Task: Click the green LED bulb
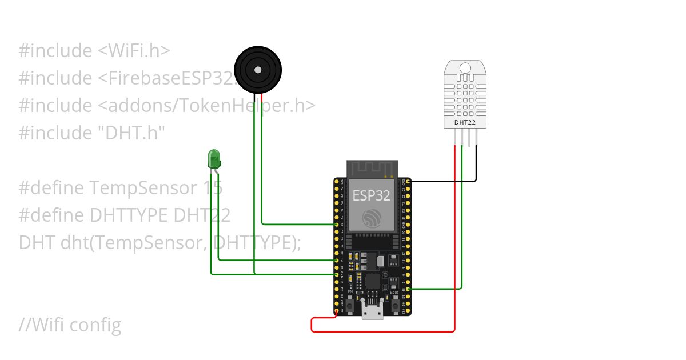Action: click(x=214, y=157)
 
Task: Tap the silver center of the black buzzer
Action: click(x=258, y=70)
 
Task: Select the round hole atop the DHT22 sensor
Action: click(x=465, y=69)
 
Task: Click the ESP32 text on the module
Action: click(x=371, y=195)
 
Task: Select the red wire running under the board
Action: click(x=383, y=331)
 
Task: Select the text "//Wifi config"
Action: click(x=70, y=325)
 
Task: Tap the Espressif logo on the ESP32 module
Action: click(x=372, y=218)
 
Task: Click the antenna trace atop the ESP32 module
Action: click(x=372, y=169)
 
